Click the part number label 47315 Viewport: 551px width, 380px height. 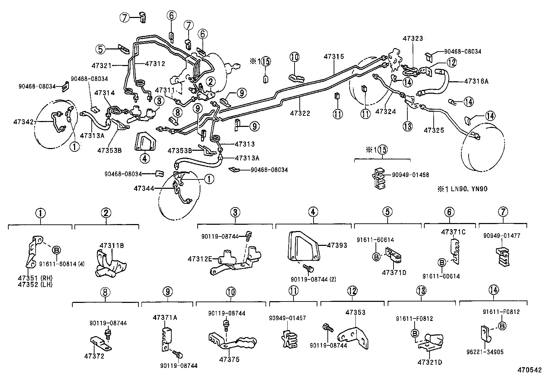click(x=334, y=56)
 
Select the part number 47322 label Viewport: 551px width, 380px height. click(x=300, y=113)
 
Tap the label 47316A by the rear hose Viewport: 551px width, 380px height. click(x=476, y=81)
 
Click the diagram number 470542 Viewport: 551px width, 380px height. click(x=529, y=370)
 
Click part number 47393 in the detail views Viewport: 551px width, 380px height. click(x=337, y=245)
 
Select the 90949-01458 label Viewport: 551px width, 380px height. click(x=410, y=175)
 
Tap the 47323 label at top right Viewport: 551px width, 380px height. click(x=413, y=38)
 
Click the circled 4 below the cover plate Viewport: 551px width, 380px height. click(x=145, y=158)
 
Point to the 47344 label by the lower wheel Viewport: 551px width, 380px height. click(x=144, y=188)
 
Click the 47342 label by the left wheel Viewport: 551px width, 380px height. click(x=23, y=121)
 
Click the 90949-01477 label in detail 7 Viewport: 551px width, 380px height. click(x=502, y=236)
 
